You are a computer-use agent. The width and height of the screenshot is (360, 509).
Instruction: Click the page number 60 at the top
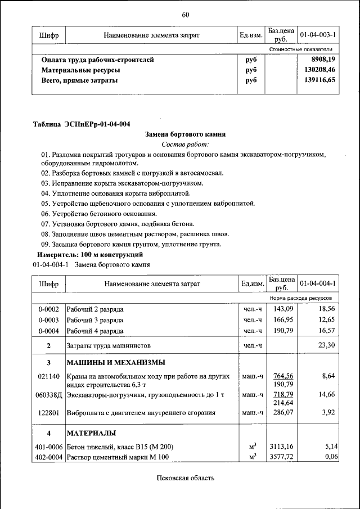pos(185,14)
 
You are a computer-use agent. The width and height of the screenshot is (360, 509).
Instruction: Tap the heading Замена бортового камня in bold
pos(185,135)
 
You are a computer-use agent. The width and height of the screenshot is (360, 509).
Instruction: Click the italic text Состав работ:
pos(185,145)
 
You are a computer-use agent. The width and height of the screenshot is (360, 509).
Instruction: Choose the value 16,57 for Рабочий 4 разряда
pos(326,331)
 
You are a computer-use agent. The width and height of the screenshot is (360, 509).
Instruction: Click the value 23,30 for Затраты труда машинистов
pos(326,345)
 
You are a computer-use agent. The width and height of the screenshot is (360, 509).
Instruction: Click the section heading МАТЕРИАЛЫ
pos(91,433)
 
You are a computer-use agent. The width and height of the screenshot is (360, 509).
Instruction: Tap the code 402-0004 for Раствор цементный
pos(49,457)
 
